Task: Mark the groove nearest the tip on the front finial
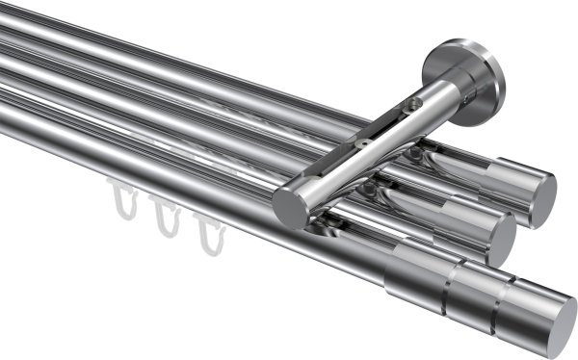pos(501,301)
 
